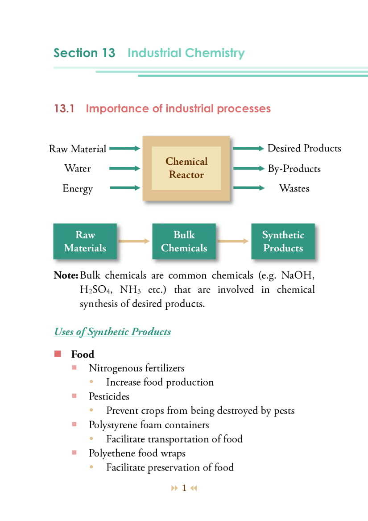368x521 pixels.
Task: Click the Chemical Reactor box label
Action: pos(186,168)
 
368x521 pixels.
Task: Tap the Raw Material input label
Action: pos(78,149)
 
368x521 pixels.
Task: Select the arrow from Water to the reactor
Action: pos(125,169)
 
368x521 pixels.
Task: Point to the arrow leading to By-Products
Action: pos(248,169)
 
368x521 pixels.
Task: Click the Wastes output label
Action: pos(294,188)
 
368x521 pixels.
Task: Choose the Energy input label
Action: pos(78,188)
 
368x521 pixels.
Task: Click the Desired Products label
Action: pos(304,148)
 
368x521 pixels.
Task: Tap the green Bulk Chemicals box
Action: pos(184,242)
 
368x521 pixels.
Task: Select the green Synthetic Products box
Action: pos(283,242)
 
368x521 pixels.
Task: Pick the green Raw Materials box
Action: pos(85,242)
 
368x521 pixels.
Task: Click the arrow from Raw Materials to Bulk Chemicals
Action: pos(134,242)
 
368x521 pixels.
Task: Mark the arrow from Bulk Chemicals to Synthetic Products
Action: pos(233,242)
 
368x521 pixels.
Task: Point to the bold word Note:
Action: pos(66,275)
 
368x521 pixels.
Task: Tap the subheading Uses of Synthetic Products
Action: pos(112,332)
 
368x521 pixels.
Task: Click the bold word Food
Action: pos(83,354)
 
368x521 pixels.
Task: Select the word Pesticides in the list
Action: pos(109,396)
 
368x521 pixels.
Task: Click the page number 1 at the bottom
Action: pos(184,488)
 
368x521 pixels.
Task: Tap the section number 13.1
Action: pos(64,108)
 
